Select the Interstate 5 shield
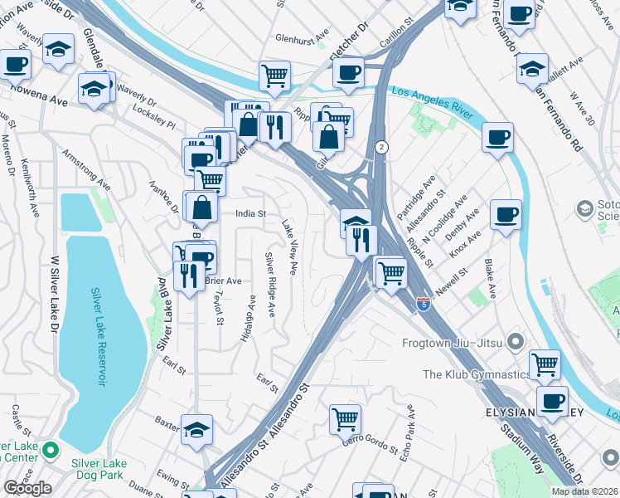[424, 305]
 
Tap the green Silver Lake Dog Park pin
[50, 452]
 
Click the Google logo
[27, 488]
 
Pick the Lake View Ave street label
[290, 247]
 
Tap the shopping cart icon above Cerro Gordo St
[344, 418]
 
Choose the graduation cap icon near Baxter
[196, 428]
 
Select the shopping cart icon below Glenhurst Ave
[274, 76]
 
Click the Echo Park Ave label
[408, 431]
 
